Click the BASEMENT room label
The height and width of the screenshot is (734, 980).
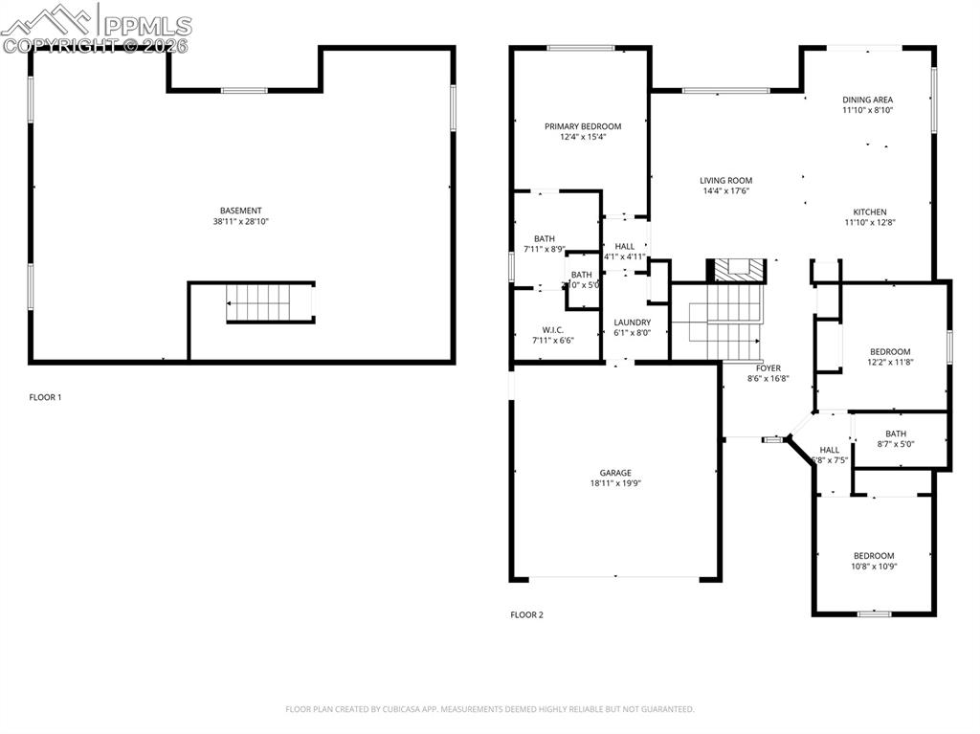(240, 211)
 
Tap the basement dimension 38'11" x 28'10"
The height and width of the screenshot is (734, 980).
(240, 222)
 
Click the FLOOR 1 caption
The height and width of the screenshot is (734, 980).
(45, 397)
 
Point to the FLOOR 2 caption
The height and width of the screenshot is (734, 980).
(526, 615)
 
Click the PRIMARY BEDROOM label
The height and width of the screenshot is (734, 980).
(583, 126)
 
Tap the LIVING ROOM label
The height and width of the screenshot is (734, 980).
(725, 180)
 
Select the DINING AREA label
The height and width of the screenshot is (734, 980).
(867, 100)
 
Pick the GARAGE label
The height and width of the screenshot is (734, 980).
(615, 473)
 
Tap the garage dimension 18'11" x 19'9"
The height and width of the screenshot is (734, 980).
(615, 484)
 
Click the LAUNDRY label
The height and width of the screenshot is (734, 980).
(632, 323)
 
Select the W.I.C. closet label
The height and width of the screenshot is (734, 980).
(553, 329)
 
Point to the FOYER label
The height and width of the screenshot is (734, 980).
(768, 368)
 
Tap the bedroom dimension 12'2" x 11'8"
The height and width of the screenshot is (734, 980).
(890, 363)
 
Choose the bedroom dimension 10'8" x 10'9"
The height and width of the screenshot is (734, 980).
(874, 567)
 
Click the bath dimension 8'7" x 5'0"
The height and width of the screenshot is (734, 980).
(896, 444)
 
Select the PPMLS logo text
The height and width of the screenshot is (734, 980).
(147, 26)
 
